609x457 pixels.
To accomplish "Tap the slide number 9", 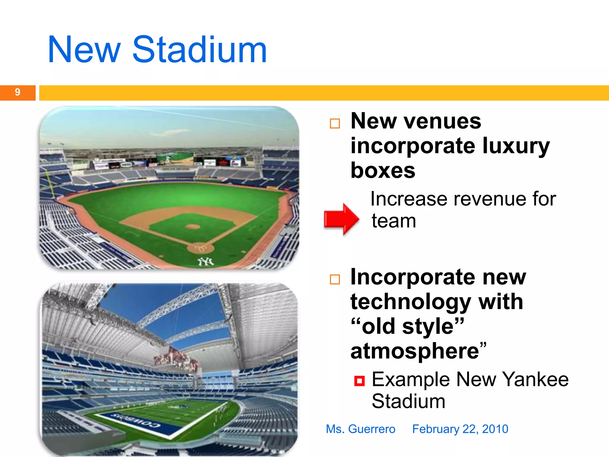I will pyautogui.click(x=18, y=92).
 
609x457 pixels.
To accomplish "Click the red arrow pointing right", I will pyautogui.click(x=341, y=219).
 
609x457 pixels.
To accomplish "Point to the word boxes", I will pyautogui.click(x=383, y=171).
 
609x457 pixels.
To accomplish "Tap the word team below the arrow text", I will pyautogui.click(x=394, y=221).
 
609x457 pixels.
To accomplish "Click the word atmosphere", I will pyautogui.click(x=415, y=351).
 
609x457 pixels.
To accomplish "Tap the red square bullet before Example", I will pyautogui.click(x=359, y=381).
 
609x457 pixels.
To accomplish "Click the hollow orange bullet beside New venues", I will pyautogui.click(x=335, y=123).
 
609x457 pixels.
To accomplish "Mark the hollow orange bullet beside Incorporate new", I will pyautogui.click(x=335, y=279).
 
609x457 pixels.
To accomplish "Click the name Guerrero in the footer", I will pyautogui.click(x=372, y=429).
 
